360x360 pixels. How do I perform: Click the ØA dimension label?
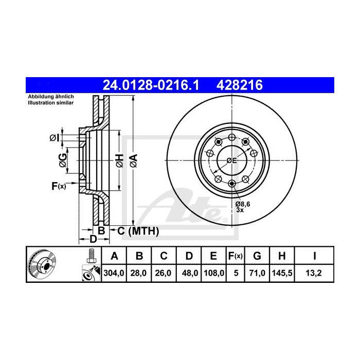[133, 160]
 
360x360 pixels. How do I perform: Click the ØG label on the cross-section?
[62, 160]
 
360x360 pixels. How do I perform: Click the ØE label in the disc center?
[231, 160]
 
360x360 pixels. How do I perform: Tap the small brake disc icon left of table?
[41, 264]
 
